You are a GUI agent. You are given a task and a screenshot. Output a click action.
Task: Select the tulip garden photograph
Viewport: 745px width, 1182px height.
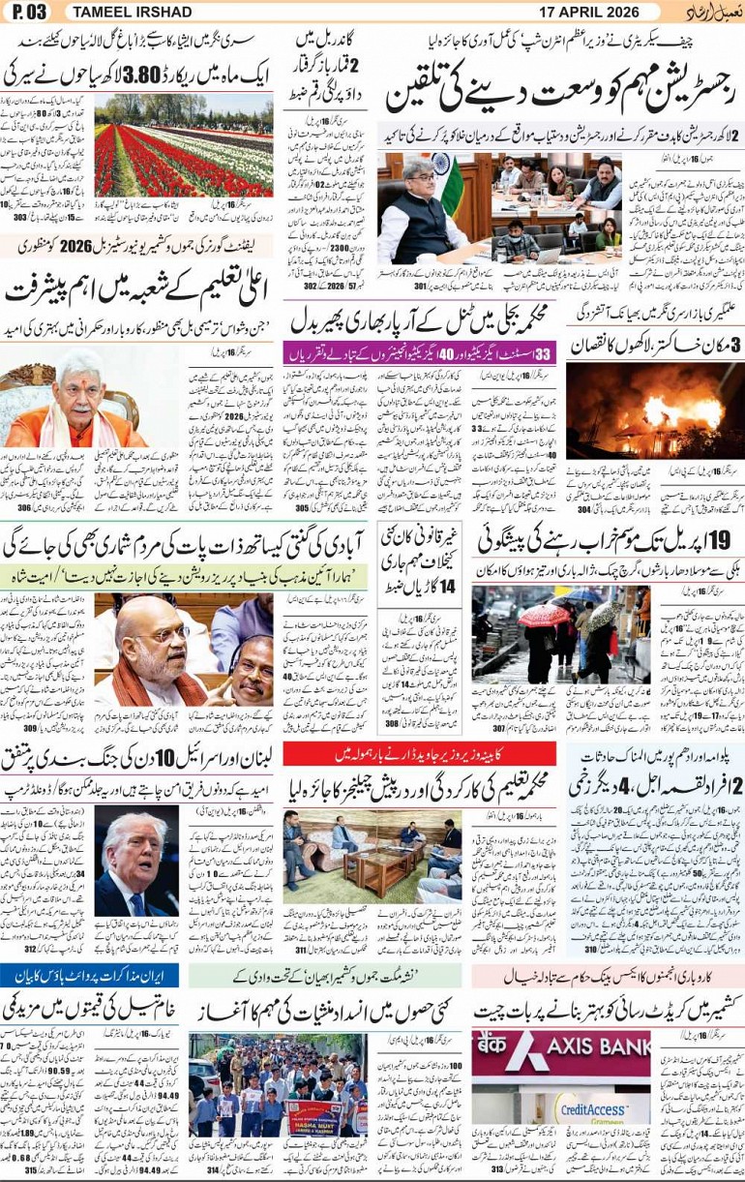[x=184, y=145]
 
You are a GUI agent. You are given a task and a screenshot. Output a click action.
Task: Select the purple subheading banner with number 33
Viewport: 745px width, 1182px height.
[x=419, y=353]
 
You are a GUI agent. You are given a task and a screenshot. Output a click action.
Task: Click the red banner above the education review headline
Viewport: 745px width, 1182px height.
[x=419, y=754]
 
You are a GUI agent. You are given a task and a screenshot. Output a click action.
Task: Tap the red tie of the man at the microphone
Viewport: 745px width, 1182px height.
[x=133, y=904]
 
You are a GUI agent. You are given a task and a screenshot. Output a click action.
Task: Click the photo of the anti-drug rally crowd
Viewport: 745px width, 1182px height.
[x=278, y=1084]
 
